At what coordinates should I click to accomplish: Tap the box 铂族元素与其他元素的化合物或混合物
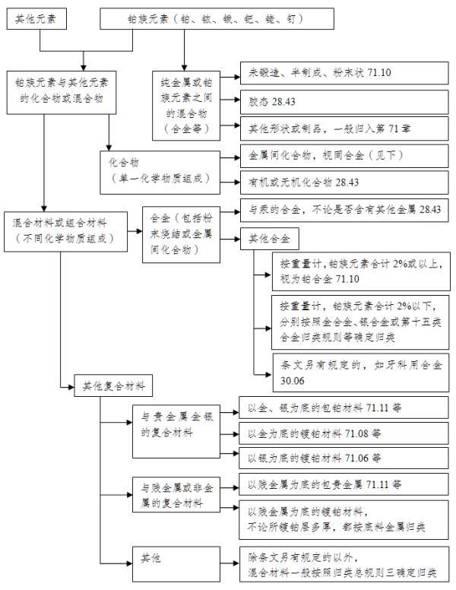(x=62, y=90)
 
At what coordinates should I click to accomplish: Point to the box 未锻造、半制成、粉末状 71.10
(x=346, y=74)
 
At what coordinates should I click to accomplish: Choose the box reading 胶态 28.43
(x=346, y=100)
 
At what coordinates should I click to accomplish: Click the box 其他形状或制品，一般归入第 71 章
(x=346, y=127)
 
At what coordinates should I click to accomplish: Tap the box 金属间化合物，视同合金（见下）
(x=346, y=155)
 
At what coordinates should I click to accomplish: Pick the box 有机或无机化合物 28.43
(x=346, y=182)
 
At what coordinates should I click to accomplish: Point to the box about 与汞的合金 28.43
(x=346, y=210)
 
